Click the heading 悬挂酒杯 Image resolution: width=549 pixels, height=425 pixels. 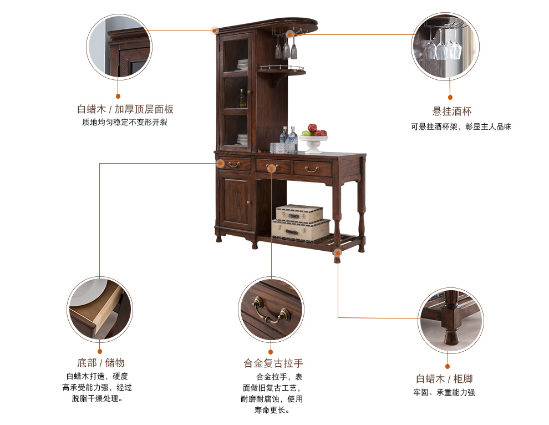click(x=451, y=112)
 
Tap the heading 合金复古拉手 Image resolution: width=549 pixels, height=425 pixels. click(x=273, y=363)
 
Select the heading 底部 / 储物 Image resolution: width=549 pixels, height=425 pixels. click(x=101, y=362)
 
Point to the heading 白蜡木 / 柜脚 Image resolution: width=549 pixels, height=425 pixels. click(x=444, y=379)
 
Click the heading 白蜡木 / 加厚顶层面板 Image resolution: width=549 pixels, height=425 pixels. click(x=125, y=109)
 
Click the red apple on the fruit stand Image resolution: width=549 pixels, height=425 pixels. click(x=312, y=128)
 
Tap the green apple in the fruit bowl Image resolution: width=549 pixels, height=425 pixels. click(x=306, y=133)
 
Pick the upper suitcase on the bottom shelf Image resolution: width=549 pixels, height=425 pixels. click(x=299, y=214)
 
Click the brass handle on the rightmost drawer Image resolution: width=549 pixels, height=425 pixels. click(x=312, y=170)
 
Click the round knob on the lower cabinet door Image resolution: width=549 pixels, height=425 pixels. click(x=249, y=203)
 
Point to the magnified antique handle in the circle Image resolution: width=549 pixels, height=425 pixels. click(x=271, y=310)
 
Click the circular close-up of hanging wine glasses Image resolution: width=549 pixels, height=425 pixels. click(x=445, y=46)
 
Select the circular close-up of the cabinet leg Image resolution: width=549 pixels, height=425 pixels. click(x=451, y=320)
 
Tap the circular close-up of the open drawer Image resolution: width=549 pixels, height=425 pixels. click(x=100, y=309)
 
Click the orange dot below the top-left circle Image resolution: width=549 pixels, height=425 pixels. click(x=118, y=96)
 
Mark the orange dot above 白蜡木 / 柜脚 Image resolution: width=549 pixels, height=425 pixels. click(x=448, y=367)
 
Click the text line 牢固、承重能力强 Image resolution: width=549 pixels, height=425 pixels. click(x=444, y=392)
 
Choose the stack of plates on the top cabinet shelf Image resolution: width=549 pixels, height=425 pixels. click(x=242, y=65)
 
